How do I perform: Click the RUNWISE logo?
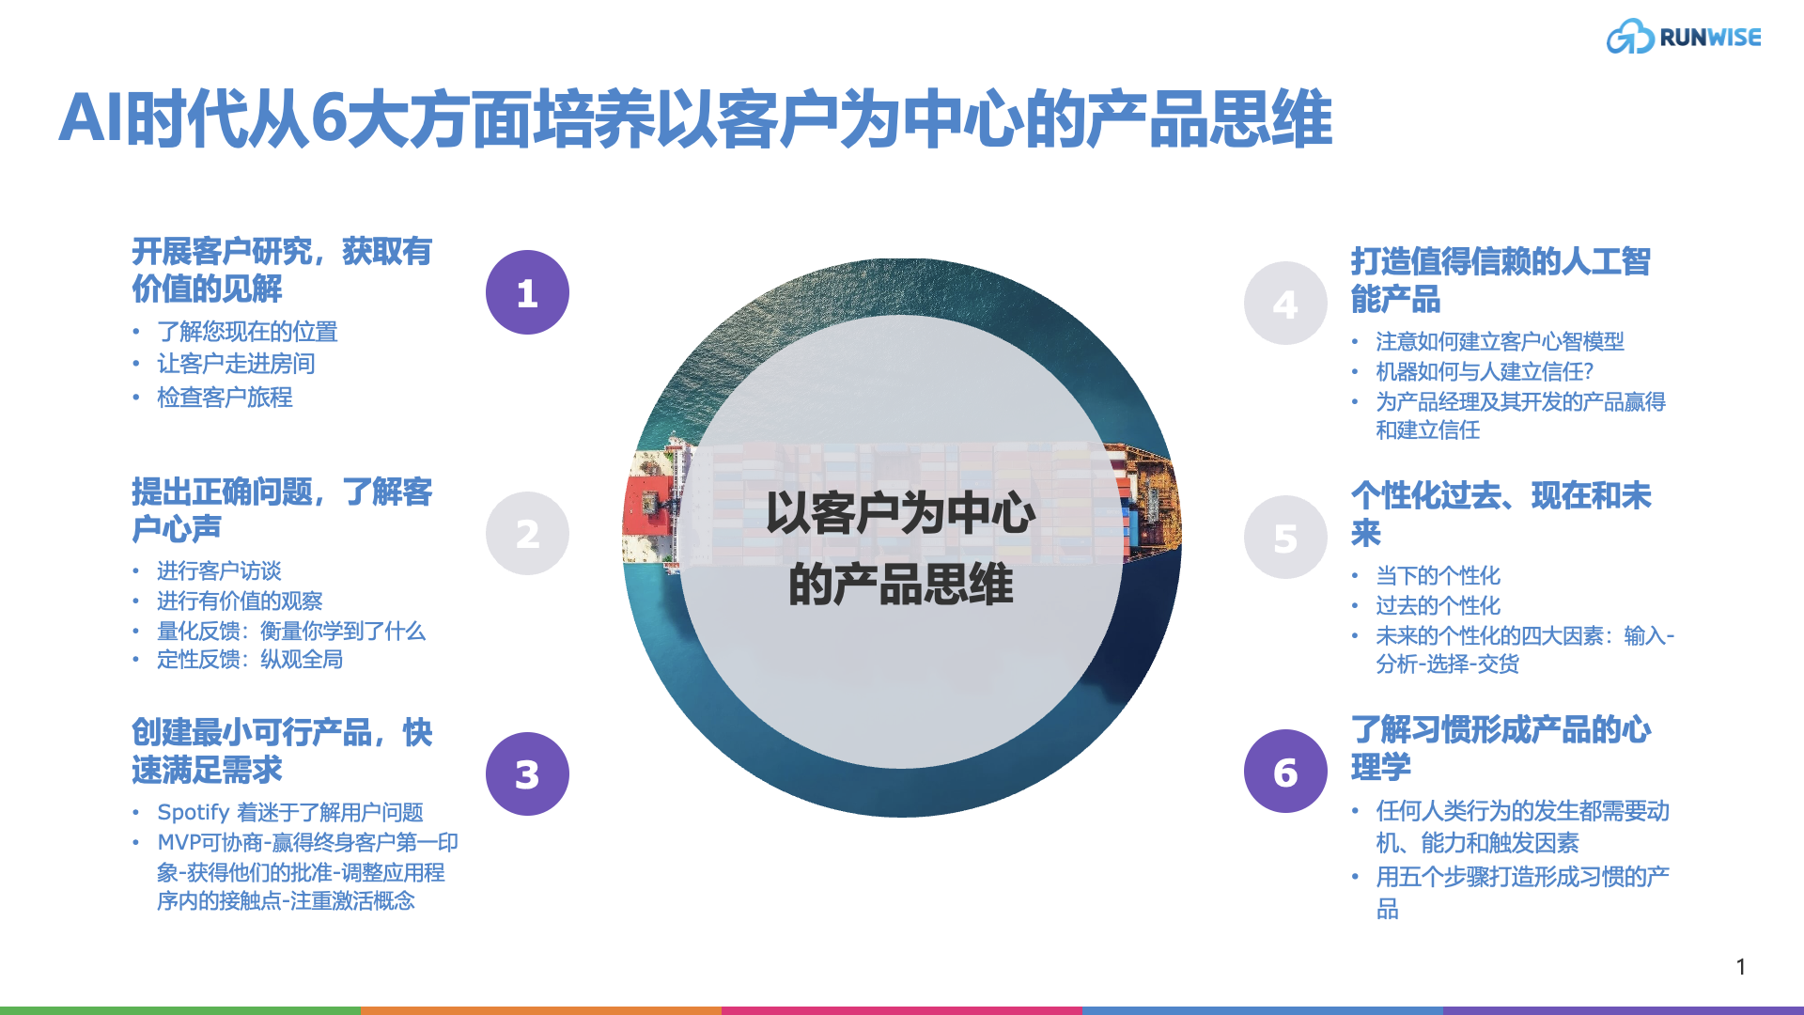(x=1683, y=38)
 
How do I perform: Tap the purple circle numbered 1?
(x=527, y=292)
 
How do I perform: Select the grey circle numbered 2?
(x=527, y=534)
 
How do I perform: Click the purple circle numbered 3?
(x=527, y=774)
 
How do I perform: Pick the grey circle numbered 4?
(x=1284, y=304)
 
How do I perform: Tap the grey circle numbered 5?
(x=1284, y=538)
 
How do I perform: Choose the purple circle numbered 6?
(x=1284, y=772)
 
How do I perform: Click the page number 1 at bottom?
(x=1740, y=966)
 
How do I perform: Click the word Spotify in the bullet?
(x=194, y=812)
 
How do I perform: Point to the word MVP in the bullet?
(x=178, y=842)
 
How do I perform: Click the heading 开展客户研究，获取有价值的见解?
(x=281, y=270)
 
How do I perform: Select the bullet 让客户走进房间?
(x=236, y=364)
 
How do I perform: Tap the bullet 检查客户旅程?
(x=225, y=398)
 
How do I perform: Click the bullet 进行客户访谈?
(x=219, y=570)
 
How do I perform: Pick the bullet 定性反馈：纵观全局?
(x=249, y=660)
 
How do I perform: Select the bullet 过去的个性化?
(x=1438, y=605)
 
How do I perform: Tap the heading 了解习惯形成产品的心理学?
(x=1500, y=748)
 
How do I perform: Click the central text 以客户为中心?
(x=900, y=514)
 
